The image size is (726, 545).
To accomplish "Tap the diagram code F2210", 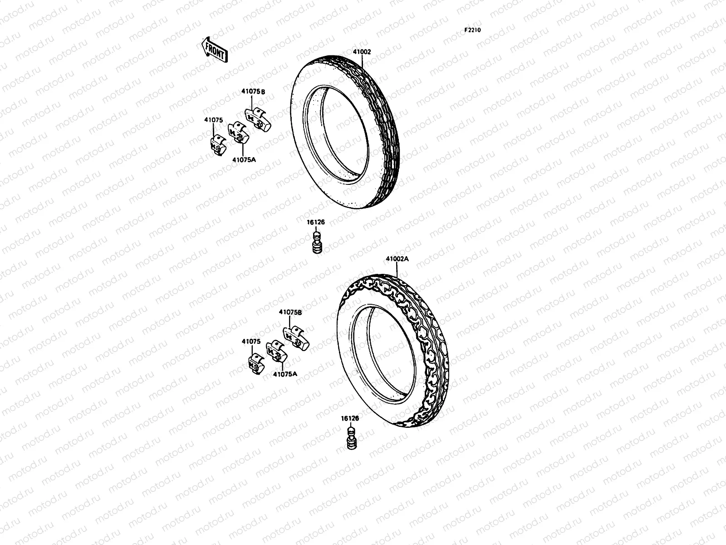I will pyautogui.click(x=472, y=30).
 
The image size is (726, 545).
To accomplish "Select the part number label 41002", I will pyautogui.click(x=362, y=52).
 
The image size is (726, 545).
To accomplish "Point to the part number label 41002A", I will pyautogui.click(x=397, y=259).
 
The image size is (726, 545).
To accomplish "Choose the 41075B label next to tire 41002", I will pyautogui.click(x=253, y=92).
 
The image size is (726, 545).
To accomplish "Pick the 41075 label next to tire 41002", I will pyautogui.click(x=213, y=120).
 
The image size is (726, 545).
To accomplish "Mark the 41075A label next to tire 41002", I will pyautogui.click(x=244, y=159).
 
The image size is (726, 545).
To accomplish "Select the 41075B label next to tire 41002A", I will pyautogui.click(x=290, y=312).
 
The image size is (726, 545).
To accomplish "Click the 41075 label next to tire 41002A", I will pyautogui.click(x=251, y=341).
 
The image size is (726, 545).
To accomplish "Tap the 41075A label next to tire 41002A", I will pyautogui.click(x=285, y=374).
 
